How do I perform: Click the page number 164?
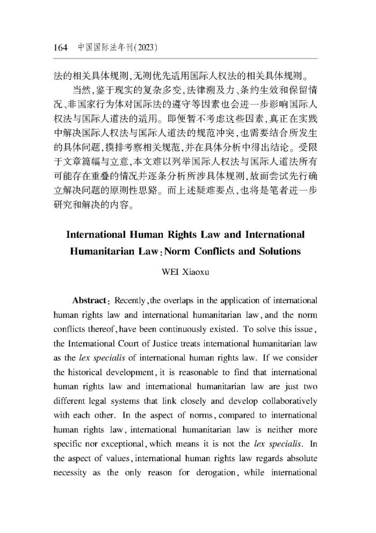[60, 48]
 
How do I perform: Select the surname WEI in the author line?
[170, 271]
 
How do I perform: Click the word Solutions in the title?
[277, 251]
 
